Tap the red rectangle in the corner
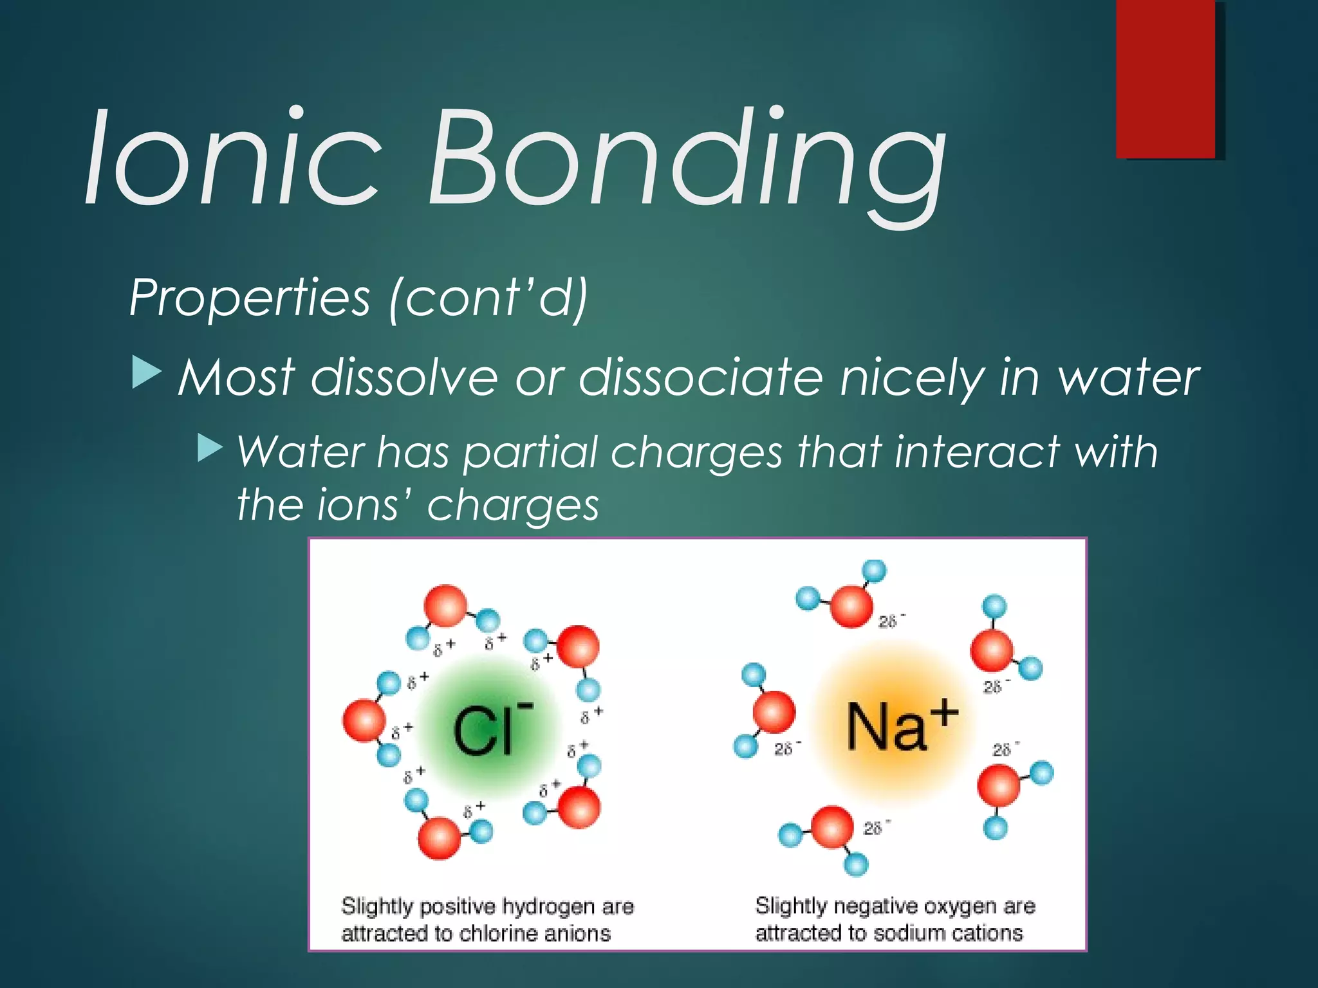(1165, 78)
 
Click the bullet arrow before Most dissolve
(146, 374)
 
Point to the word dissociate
(701, 378)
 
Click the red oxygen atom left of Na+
(774, 712)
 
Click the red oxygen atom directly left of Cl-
(364, 721)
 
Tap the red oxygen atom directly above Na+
(851, 605)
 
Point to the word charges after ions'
(513, 505)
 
